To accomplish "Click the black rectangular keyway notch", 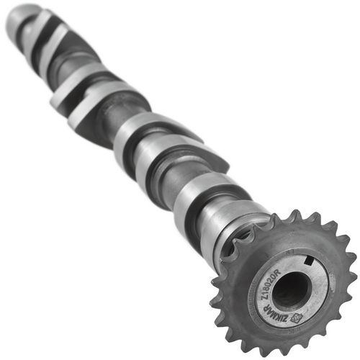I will tap(308, 260).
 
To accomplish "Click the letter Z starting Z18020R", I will tap(264, 299).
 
